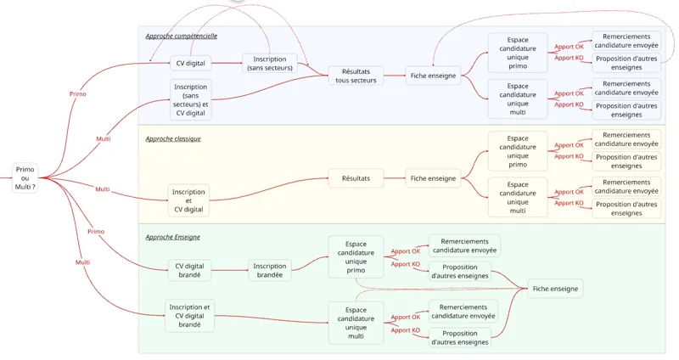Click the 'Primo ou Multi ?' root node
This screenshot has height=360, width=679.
click(25, 177)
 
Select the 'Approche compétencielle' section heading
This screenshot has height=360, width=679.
click(181, 37)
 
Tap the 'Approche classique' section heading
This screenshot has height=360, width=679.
click(173, 138)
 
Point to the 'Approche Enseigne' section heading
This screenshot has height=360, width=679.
click(172, 237)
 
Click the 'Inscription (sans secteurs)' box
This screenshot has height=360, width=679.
click(270, 64)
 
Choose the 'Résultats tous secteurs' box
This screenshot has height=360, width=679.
click(356, 76)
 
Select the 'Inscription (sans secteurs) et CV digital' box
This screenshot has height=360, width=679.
click(191, 100)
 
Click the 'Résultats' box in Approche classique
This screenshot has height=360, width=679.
click(356, 178)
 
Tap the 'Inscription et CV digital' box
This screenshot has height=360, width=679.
click(188, 200)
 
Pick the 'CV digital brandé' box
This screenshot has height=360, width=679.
click(190, 271)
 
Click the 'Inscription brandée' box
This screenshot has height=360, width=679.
click(270, 271)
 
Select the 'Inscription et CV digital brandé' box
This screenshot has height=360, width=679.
click(190, 315)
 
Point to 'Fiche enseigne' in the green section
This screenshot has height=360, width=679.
click(555, 289)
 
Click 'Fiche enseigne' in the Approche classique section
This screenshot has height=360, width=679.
click(433, 178)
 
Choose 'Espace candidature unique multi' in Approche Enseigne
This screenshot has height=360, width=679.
click(356, 323)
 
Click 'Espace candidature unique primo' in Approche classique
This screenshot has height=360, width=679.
click(517, 151)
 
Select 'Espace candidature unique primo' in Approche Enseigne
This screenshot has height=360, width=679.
click(356, 256)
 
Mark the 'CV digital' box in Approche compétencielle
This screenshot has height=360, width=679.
click(190, 63)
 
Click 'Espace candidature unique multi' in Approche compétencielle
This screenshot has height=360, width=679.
click(517, 98)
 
